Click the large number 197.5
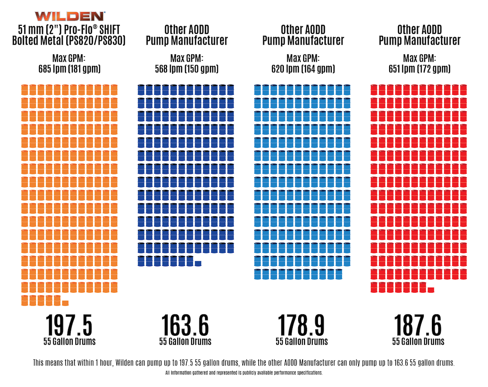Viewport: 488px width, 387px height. pos(69,324)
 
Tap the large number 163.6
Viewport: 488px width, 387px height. pos(185,324)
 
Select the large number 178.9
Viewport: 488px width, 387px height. pos(301,324)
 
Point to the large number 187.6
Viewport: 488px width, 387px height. pos(418,324)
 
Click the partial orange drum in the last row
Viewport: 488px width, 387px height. pos(65,303)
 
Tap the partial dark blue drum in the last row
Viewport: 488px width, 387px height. pos(198,263)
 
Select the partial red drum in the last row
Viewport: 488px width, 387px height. pos(431,289)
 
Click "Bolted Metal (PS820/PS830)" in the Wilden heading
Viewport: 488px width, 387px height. pos(70,41)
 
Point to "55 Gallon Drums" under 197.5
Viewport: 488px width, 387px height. pos(70,341)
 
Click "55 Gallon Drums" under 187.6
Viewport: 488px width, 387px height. pos(418,341)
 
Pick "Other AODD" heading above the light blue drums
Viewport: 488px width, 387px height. pos(303,30)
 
